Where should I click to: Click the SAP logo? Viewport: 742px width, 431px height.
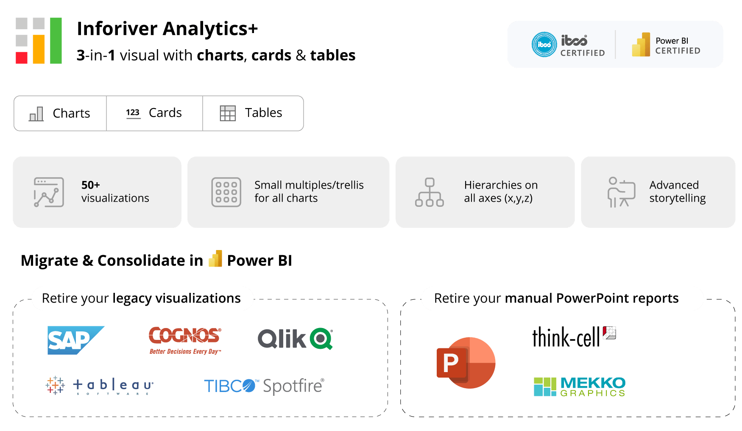[75, 340]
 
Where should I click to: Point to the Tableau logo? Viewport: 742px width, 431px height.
[100, 385]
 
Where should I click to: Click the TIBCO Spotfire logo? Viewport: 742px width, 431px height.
[264, 386]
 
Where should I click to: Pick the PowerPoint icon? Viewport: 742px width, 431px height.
[466, 362]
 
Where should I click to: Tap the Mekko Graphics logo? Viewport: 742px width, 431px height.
[579, 387]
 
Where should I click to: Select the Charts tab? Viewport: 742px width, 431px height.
[60, 113]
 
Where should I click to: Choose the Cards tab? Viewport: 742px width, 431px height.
[154, 113]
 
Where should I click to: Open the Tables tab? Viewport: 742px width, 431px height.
[253, 113]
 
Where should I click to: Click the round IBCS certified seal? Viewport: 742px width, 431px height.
[544, 44]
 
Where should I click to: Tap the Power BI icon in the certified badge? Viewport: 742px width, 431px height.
[641, 45]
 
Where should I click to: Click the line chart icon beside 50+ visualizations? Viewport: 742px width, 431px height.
[49, 192]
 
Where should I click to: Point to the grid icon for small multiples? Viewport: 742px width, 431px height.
[226, 192]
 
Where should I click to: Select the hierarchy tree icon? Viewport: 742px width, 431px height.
[430, 192]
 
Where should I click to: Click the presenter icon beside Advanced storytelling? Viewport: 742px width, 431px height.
[621, 192]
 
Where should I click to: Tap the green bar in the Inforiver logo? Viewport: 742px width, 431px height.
[56, 41]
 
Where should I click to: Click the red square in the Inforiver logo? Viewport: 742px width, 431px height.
[22, 58]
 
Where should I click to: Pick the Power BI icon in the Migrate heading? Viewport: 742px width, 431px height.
[215, 259]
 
